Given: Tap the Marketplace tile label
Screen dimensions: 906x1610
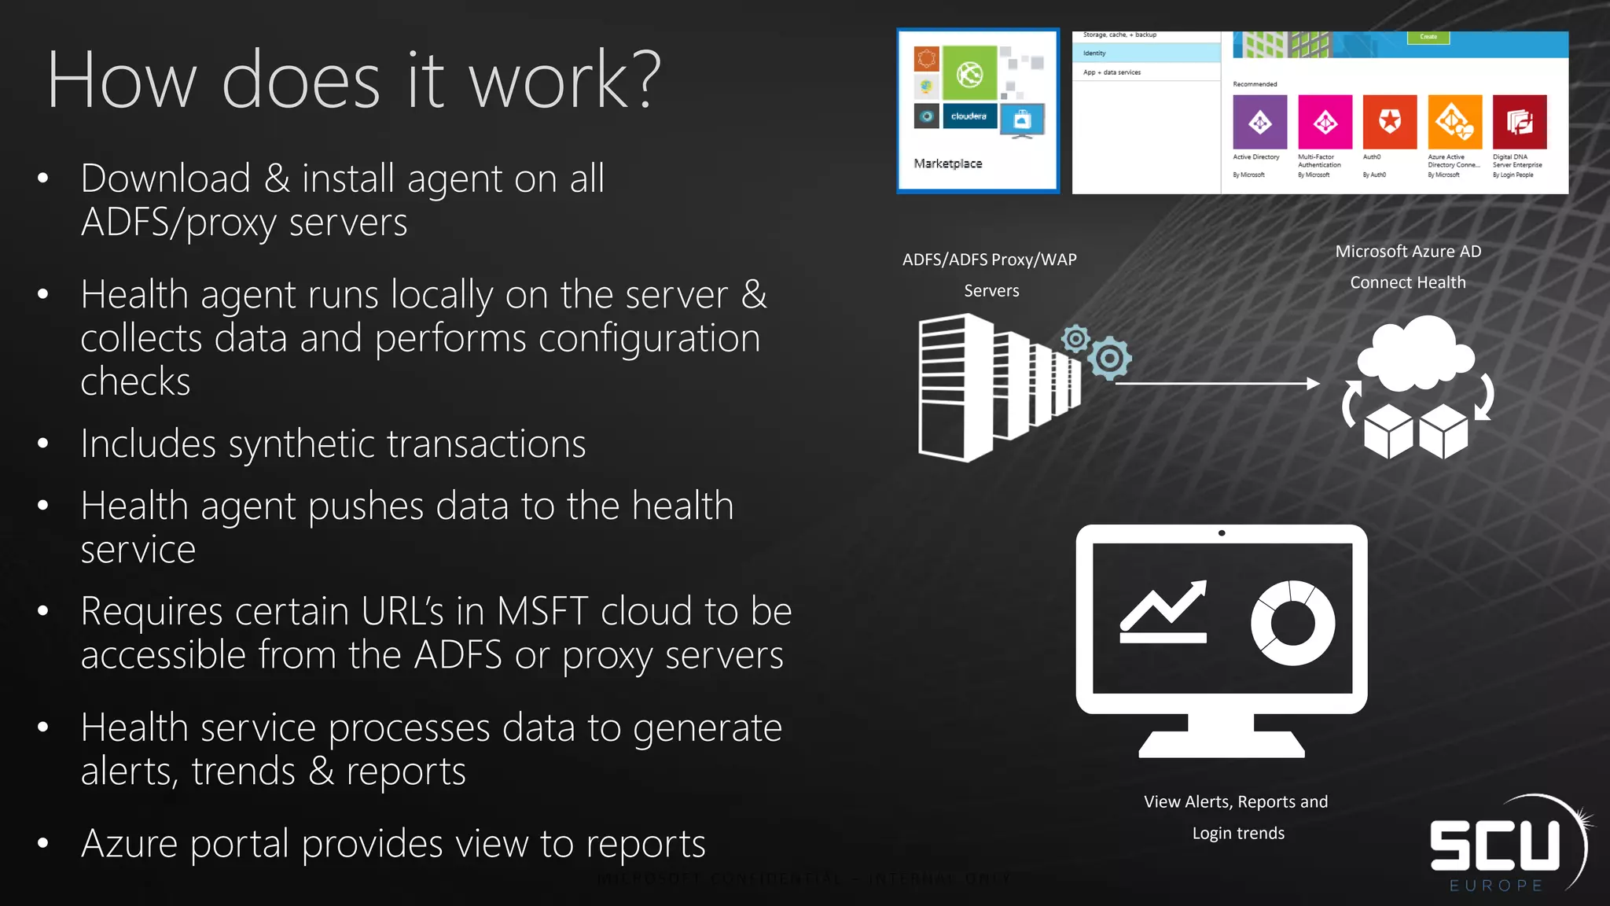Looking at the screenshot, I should [x=947, y=164].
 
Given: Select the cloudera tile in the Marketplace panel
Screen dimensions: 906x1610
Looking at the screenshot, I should [x=969, y=116].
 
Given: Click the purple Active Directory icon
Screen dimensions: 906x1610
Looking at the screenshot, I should [x=1259, y=122].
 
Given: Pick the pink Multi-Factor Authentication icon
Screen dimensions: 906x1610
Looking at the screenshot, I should [x=1325, y=122].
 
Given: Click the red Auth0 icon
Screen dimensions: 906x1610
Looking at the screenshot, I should [x=1389, y=122].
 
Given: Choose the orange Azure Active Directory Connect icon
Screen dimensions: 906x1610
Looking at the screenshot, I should [x=1454, y=122].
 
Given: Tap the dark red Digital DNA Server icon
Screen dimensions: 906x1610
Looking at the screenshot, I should [x=1519, y=122].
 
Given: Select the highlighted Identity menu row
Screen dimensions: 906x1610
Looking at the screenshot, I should [x=1146, y=53].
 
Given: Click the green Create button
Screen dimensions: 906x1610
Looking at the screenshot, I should [x=1428, y=37].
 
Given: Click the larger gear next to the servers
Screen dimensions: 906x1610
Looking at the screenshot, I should [x=1110, y=359].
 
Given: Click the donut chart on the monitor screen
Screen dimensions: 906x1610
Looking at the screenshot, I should [x=1292, y=623].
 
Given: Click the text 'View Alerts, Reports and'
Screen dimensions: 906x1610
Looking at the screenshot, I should [x=1236, y=801].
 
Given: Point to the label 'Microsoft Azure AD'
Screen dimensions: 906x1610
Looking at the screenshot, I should [x=1408, y=252].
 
